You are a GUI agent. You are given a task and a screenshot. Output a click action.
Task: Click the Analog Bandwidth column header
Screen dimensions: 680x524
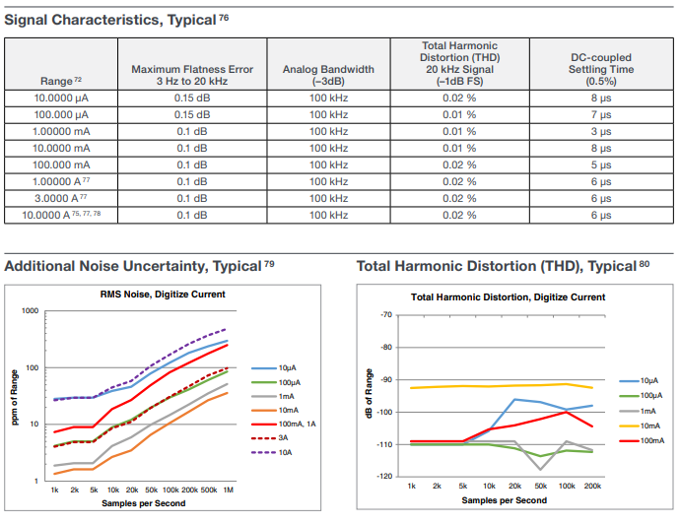328,75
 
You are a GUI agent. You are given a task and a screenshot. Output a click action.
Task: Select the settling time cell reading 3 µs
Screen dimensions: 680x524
601,131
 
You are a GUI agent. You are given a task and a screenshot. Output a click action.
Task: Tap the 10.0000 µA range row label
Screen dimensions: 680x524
61,98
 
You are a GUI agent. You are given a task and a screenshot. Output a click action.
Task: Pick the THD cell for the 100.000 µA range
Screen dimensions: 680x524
459,115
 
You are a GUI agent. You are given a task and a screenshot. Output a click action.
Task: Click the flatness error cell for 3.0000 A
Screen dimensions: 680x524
192,199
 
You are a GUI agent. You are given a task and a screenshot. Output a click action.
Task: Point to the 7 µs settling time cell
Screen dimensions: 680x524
601,115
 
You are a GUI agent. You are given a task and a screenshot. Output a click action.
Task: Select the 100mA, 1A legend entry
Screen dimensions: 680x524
284,424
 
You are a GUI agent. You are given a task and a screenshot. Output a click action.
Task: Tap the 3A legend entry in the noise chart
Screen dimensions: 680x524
270,438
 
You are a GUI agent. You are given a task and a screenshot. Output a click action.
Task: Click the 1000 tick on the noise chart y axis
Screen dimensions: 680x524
30,311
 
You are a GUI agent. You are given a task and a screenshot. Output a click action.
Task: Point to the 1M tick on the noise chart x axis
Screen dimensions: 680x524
228,490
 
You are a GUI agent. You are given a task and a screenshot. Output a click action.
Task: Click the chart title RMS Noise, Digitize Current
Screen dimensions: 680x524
163,295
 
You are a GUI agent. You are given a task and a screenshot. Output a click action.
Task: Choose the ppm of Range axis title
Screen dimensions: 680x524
15,398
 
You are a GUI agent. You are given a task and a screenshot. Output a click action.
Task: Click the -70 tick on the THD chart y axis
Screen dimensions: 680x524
386,314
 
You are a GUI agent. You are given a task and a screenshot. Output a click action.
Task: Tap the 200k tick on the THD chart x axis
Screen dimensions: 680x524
592,486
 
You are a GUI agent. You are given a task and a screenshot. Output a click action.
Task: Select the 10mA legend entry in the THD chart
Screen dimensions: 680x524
640,426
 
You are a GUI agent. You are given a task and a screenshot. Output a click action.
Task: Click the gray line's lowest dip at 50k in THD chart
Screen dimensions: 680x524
540,470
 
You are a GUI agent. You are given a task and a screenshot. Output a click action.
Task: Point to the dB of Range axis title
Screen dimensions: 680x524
369,394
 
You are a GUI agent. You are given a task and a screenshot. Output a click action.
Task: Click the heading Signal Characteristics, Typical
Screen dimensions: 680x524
116,20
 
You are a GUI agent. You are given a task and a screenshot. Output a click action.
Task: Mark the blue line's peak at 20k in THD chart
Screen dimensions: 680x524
514,399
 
